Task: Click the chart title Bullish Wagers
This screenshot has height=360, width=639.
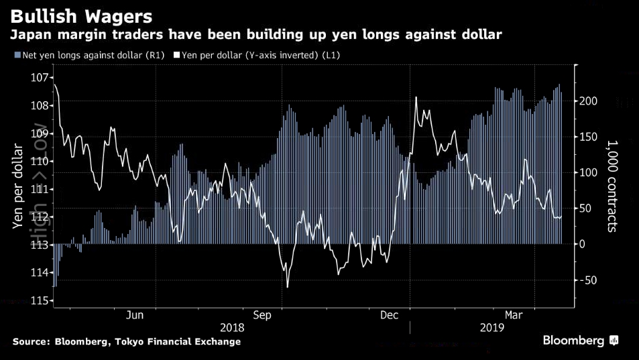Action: (x=80, y=15)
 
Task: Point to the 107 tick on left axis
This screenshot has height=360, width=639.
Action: (x=40, y=78)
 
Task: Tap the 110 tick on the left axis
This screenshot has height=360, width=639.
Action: (x=40, y=161)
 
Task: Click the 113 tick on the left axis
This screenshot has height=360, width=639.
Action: (x=40, y=245)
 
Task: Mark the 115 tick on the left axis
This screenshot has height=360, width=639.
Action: (x=40, y=300)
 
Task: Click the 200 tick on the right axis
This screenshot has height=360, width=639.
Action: (x=588, y=101)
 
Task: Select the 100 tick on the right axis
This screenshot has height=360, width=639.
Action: (x=588, y=172)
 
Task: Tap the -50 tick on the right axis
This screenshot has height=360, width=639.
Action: (x=588, y=280)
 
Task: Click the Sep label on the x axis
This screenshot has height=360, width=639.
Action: (x=262, y=315)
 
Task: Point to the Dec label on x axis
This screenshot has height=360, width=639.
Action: (x=390, y=315)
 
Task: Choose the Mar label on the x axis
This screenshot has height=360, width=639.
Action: (x=514, y=315)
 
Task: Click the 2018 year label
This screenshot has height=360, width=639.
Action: (x=232, y=328)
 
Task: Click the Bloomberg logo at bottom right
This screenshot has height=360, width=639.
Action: (x=580, y=341)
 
